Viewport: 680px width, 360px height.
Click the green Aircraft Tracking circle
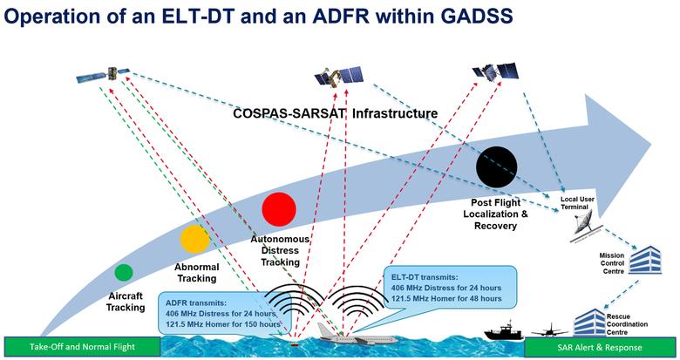point(123,272)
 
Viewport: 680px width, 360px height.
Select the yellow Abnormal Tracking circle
point(195,239)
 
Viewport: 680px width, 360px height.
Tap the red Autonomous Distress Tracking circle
point(280,209)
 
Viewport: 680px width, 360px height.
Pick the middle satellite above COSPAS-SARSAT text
point(337,79)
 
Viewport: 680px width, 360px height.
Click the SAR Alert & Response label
point(602,347)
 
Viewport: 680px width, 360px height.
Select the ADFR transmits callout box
point(221,312)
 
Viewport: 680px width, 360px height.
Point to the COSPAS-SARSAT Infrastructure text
point(335,112)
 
